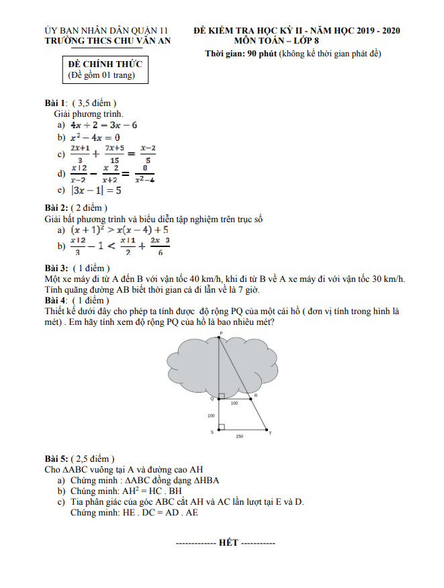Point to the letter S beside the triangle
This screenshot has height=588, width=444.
point(212,432)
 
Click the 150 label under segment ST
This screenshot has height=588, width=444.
point(239,437)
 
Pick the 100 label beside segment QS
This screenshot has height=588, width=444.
point(211,415)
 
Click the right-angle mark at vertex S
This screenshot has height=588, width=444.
point(222,427)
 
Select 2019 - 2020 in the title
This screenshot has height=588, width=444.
point(373,31)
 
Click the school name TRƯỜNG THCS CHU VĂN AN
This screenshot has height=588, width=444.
point(107,41)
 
